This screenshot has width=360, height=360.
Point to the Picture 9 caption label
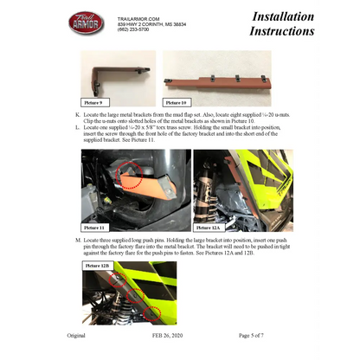[x=94, y=100]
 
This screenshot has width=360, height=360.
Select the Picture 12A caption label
[x=210, y=227]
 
